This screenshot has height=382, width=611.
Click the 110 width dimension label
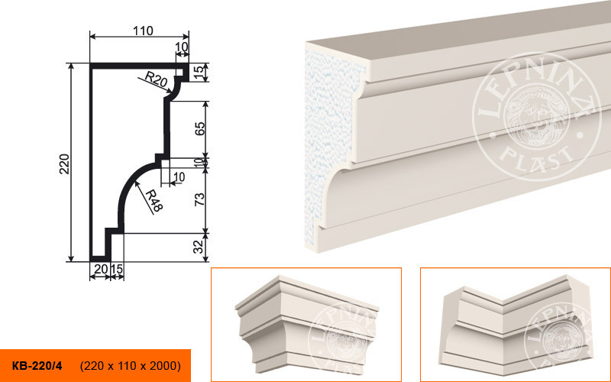point(143,31)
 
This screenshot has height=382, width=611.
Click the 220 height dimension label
point(64,164)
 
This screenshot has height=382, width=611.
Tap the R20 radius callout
point(156,79)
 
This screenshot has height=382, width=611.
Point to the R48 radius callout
point(154,201)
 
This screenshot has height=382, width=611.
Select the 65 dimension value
point(199,129)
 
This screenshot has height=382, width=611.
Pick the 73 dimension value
point(199,199)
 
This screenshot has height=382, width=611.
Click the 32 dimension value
point(199,247)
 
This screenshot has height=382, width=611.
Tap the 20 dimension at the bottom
point(101,269)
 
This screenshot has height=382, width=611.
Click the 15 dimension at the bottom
point(117,269)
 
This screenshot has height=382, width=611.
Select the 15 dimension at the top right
point(199,73)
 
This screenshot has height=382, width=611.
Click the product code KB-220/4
point(37,366)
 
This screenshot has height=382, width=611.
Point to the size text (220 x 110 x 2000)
point(130,366)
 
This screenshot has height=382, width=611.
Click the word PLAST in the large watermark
point(537,156)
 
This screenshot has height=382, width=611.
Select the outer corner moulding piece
point(307,323)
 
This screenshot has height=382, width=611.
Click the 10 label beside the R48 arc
point(179,177)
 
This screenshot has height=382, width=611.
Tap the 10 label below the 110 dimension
point(182,47)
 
